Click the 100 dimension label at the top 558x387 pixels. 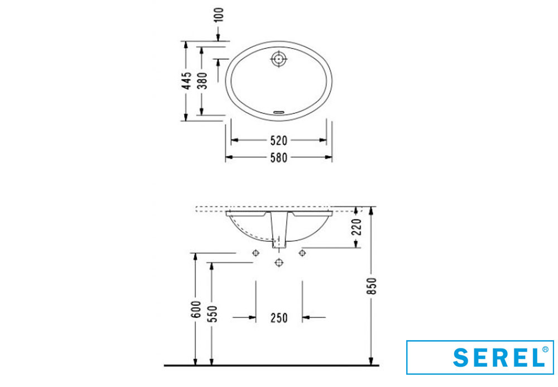219,15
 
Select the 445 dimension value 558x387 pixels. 187,80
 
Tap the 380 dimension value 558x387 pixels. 202,80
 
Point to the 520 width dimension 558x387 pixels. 278,141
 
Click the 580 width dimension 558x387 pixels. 278,157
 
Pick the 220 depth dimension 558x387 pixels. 357,227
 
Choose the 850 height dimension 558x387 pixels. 372,286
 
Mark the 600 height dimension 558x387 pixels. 196,309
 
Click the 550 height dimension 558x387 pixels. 213,314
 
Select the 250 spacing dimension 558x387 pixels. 278,318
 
